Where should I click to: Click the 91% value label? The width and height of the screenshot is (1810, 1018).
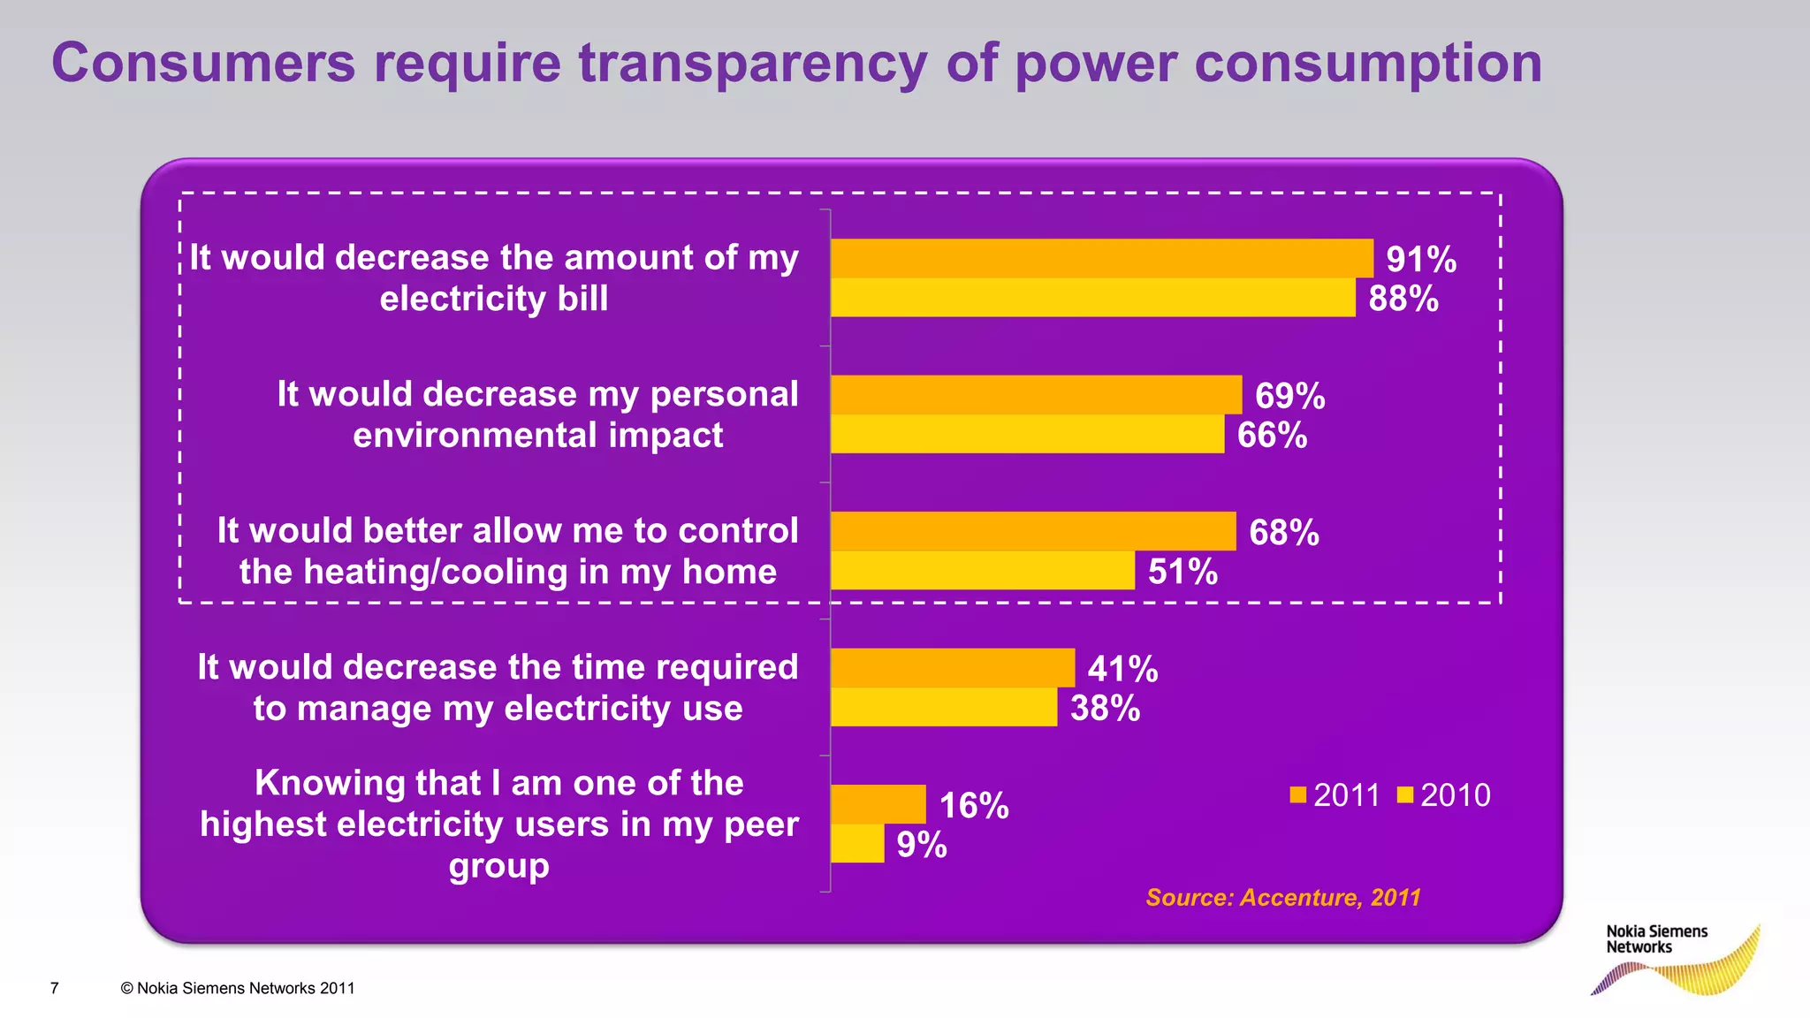(1420, 260)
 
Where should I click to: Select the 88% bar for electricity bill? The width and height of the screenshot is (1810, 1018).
(1092, 298)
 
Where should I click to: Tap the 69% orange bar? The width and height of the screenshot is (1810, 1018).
(1036, 395)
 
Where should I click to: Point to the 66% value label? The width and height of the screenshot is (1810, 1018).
(1272, 436)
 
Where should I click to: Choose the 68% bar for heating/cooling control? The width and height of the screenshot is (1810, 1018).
(1032, 531)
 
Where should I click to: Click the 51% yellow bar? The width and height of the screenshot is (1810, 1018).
(982, 571)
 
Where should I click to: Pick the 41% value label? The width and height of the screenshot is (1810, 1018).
(1122, 669)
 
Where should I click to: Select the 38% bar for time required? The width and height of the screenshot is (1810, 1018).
(943, 707)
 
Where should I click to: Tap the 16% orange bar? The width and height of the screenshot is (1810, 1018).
(878, 804)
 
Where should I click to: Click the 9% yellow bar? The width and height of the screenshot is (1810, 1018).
(857, 844)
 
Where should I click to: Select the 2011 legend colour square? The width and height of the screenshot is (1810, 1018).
(1298, 795)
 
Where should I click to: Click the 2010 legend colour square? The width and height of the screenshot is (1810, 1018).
(1405, 795)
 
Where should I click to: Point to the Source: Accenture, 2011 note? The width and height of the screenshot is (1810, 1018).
(1282, 898)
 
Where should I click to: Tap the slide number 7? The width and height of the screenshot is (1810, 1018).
(55, 988)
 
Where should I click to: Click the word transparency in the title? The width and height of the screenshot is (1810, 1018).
(753, 64)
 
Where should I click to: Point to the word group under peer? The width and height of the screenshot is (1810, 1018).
(498, 866)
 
